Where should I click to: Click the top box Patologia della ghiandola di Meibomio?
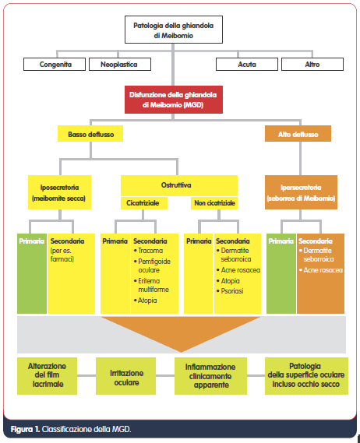tap(174, 30)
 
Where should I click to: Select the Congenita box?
tap(55, 65)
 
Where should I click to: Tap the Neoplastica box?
tap(120, 65)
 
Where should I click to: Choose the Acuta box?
tap(247, 65)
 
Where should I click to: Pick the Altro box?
tap(312, 65)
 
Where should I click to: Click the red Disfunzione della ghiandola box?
tap(174, 100)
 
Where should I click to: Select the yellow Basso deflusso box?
tap(90, 134)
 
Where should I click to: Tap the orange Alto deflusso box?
tap(298, 134)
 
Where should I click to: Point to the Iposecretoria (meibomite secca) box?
tap(60, 192)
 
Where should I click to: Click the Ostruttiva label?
tap(176, 185)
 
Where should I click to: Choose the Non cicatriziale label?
tap(214, 203)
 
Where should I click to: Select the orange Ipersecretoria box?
tap(302, 192)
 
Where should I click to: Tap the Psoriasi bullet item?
tap(230, 291)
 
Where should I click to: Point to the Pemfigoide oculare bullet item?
tap(152, 265)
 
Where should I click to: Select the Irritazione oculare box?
tap(126, 376)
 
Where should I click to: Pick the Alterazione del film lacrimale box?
tap(48, 376)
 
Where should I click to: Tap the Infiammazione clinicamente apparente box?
tap(210, 376)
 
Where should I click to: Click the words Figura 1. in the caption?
tap(25, 430)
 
